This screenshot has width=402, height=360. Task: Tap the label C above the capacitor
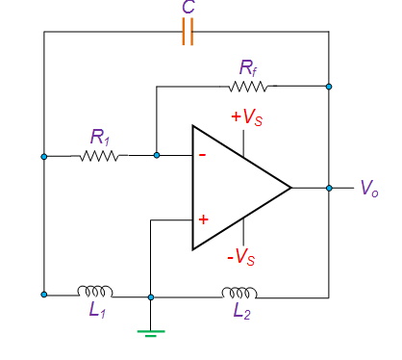coord(188,9)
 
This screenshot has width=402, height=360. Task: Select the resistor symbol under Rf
coord(253,87)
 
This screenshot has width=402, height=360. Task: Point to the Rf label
coord(250,67)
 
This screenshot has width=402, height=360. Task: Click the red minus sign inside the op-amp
coord(202,155)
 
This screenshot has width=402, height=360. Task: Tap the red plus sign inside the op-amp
coord(203,219)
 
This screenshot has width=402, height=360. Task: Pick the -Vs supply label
coord(240,258)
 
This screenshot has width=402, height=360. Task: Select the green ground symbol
coord(151,332)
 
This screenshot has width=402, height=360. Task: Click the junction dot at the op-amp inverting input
coord(156,155)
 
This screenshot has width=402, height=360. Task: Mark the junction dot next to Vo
coord(329,188)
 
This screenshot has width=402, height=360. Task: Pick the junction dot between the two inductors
coord(151,296)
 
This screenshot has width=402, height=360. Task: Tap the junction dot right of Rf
coord(329,87)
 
